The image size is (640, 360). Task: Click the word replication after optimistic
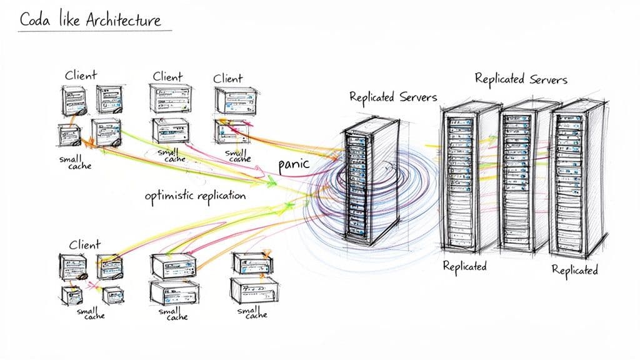pos(221,196)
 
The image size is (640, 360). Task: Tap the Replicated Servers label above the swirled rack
pos(392,97)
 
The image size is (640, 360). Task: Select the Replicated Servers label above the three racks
pos(521,79)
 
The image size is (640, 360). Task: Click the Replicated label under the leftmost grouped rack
pos(464,266)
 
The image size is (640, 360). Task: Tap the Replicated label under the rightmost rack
pos(574,270)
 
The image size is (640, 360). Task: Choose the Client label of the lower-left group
pos(84,244)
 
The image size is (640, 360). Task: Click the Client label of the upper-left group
pos(81,76)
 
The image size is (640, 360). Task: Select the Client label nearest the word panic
pos(228,78)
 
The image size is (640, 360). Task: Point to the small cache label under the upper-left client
pos(75,162)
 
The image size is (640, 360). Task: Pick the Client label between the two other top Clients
pos(167,77)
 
